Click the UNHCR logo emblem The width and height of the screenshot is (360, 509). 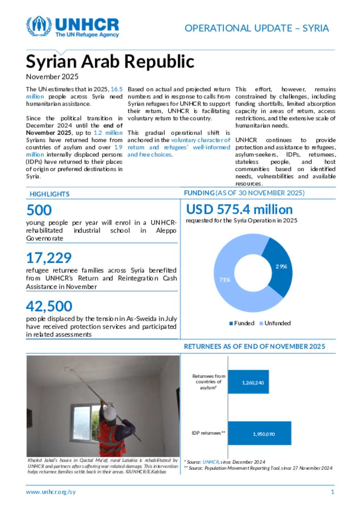39,26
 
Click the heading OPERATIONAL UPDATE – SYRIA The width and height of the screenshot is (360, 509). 257,28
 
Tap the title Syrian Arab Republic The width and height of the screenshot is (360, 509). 110,61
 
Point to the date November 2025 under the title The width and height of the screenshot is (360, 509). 52,77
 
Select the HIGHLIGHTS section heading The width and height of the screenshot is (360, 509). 50,194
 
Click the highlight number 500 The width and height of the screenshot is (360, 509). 39,210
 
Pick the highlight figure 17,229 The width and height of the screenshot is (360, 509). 49,258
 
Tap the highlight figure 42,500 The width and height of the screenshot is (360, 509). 49,306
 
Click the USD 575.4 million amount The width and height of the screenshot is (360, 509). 239,209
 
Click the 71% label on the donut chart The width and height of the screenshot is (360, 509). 225,280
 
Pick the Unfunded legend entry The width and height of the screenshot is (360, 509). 275,323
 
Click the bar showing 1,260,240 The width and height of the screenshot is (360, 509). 248,382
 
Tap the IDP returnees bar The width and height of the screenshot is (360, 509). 259,433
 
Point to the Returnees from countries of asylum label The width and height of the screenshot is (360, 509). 209,382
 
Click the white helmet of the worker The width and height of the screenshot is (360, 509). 110,412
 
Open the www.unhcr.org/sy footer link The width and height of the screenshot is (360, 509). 51,492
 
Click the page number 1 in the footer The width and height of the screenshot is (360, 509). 333,492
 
